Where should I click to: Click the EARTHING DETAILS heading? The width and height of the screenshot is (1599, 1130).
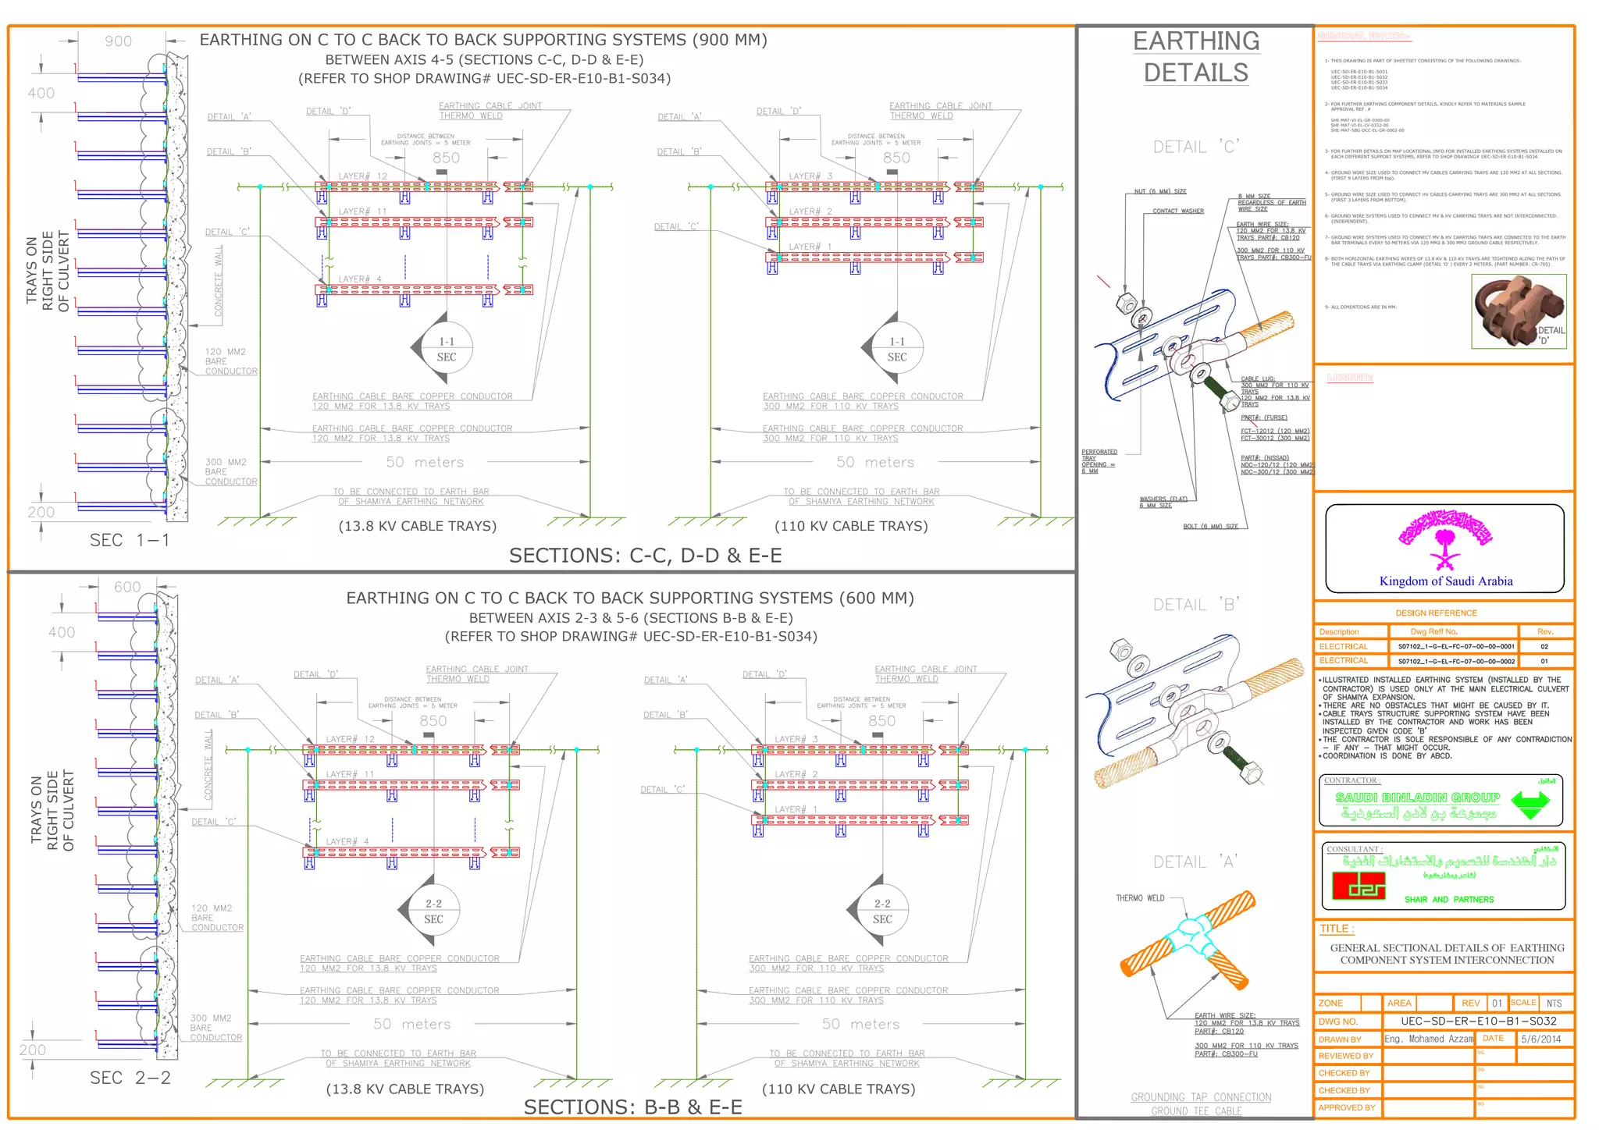click(x=1195, y=57)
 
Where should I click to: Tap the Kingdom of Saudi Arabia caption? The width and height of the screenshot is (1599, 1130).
click(x=1445, y=581)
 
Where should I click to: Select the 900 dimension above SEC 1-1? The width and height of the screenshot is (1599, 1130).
click(x=119, y=41)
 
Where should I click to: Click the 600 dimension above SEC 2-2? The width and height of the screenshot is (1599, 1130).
click(x=127, y=587)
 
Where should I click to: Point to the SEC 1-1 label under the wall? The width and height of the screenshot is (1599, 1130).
click(x=130, y=540)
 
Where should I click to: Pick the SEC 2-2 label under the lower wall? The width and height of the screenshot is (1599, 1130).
click(x=130, y=1078)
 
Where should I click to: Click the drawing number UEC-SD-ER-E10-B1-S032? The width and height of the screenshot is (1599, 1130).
click(x=1478, y=1021)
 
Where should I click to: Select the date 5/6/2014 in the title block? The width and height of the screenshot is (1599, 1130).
click(x=1540, y=1039)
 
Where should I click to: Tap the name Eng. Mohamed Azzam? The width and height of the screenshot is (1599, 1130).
click(x=1428, y=1039)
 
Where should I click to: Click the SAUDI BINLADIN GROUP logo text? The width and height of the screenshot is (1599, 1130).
click(x=1417, y=798)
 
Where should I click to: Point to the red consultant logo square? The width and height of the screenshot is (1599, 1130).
click(x=1359, y=886)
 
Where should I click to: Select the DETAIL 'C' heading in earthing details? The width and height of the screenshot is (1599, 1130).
click(x=1195, y=147)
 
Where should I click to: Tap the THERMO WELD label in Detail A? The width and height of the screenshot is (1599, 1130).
click(x=1139, y=898)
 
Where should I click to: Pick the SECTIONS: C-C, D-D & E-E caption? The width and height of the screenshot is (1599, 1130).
click(x=645, y=556)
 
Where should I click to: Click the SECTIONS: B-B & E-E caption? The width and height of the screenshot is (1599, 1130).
click(x=632, y=1107)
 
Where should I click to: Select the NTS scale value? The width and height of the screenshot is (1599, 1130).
click(x=1554, y=1004)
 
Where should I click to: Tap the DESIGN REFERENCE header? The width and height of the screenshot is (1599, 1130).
click(x=1436, y=613)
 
